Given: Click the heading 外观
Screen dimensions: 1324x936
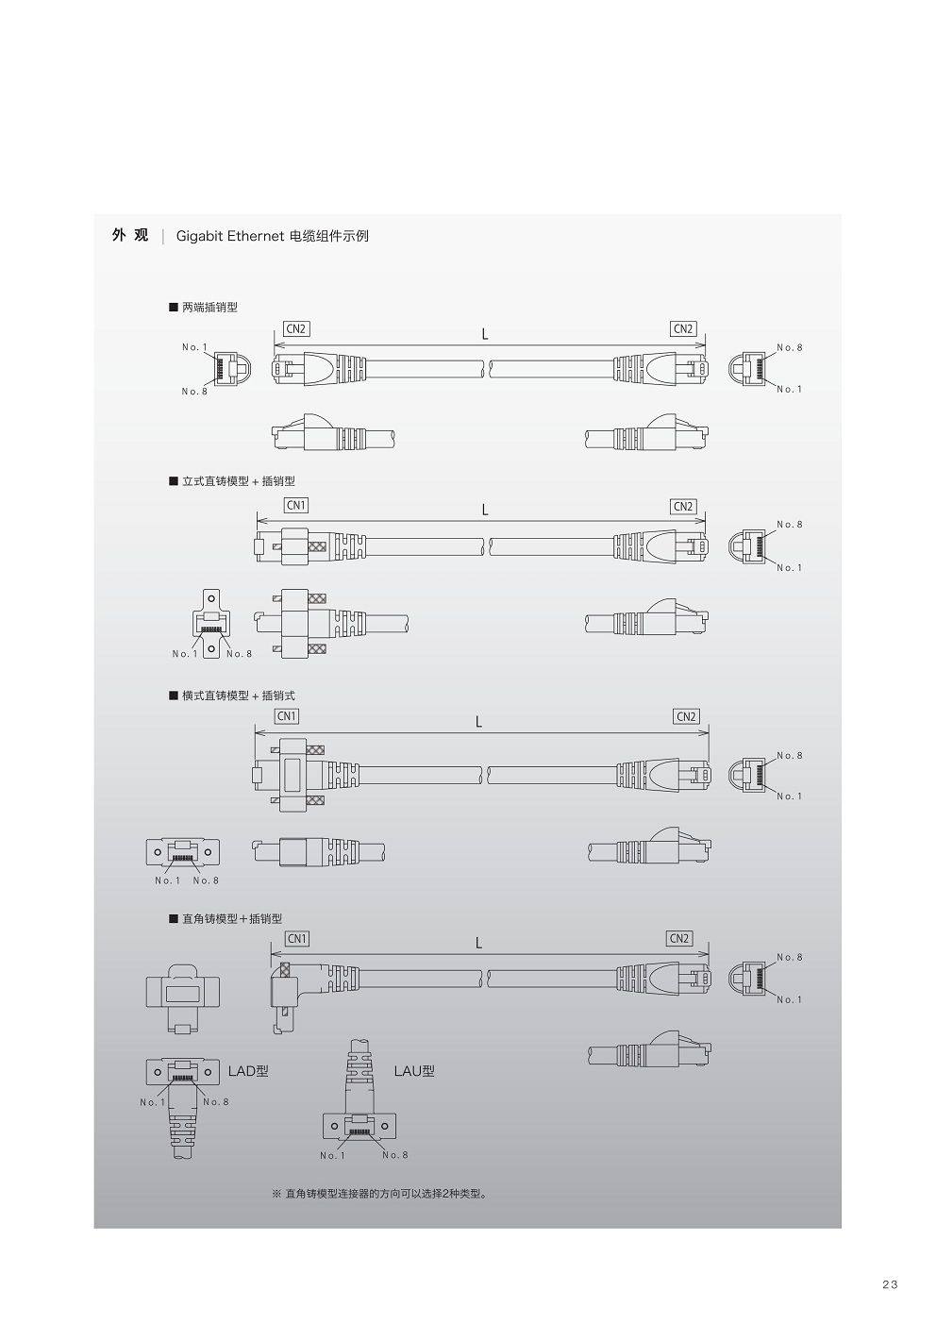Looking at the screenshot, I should coord(130,236).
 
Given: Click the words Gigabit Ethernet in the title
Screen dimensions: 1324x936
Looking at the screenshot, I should coord(230,236).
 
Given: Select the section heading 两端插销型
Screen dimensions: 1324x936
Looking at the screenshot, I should coord(209,308).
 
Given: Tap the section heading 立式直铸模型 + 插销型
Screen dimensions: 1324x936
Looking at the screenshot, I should coord(238,481).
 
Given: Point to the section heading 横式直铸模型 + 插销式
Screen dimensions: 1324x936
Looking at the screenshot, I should coord(238,696).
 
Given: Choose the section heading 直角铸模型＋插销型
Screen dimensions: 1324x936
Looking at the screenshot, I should coord(231,918).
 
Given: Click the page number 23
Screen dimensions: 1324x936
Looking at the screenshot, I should coord(890,1284).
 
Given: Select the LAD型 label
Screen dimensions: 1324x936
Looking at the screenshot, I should coord(248,1071).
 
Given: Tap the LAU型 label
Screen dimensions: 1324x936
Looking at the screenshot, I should coord(414,1071).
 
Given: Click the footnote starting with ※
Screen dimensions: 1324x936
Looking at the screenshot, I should coord(379,1194).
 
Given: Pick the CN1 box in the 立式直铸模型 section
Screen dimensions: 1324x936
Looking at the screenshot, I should coord(296,506).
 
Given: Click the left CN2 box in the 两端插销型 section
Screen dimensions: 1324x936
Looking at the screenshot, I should coord(296,329).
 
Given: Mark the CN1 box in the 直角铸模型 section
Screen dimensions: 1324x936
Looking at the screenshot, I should coord(297,939).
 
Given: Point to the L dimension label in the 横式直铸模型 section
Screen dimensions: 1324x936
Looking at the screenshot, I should coord(479,722).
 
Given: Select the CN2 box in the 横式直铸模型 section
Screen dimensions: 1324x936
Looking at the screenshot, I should coord(686,716).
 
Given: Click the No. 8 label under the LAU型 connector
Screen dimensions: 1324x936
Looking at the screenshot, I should coord(395,1155).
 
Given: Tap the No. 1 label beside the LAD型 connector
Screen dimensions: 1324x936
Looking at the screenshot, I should coord(152,1102).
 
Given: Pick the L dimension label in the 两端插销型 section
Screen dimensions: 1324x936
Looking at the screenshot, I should coord(485,334).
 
